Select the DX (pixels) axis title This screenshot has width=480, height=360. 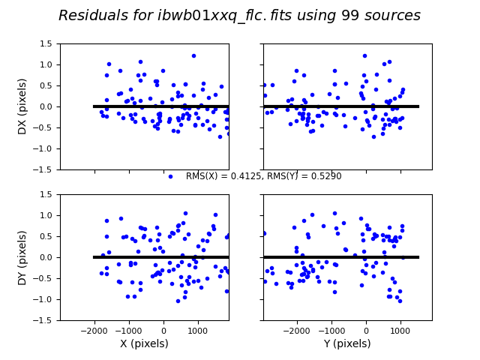22,106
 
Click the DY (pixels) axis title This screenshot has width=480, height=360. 22,257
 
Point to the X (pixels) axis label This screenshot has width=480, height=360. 144,344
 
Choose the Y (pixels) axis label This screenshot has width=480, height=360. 347,344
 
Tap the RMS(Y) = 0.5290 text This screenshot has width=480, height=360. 307,176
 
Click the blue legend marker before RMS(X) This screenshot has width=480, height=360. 170,177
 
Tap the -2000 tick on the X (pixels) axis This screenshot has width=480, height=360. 94,330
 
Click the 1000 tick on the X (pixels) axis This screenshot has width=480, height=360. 198,330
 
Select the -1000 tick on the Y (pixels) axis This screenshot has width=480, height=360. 331,330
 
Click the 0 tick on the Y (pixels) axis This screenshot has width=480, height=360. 366,330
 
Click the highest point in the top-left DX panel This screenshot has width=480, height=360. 193,55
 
